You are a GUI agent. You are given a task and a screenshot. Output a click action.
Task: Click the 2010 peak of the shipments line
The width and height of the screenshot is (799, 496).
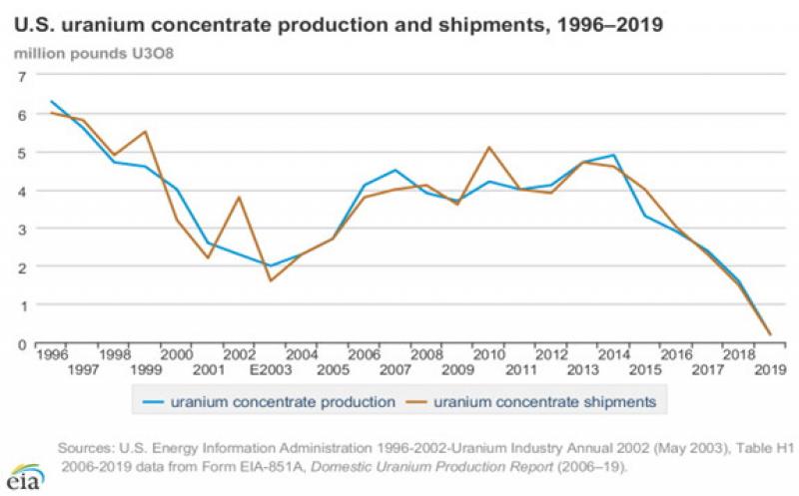489,148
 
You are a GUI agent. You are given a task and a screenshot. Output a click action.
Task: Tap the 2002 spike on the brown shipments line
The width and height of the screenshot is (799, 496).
239,197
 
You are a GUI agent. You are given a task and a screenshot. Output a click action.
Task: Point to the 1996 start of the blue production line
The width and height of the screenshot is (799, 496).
51,102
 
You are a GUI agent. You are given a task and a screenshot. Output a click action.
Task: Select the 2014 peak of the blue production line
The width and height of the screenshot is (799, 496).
613,155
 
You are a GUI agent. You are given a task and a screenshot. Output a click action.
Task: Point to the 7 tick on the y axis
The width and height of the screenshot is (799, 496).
20,76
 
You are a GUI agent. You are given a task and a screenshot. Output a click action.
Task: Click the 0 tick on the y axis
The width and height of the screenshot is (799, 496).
20,343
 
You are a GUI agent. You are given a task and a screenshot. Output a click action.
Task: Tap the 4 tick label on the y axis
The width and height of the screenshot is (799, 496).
20,191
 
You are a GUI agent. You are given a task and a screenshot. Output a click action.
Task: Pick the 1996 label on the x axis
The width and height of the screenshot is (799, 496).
51,355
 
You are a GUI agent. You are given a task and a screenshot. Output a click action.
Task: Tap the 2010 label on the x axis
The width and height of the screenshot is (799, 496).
489,355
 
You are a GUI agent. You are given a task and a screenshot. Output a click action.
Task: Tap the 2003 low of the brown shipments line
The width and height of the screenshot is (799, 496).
270,280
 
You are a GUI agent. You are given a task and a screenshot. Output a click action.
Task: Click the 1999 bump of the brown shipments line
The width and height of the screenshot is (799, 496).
145,132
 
